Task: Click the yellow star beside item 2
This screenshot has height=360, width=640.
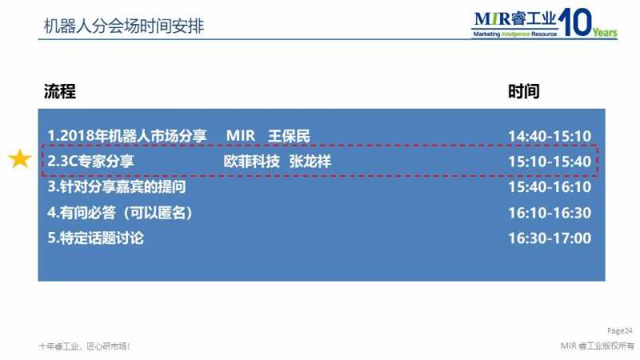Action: click(x=20, y=158)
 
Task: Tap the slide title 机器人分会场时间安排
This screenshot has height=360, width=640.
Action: click(x=124, y=26)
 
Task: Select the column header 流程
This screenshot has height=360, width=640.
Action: click(x=59, y=91)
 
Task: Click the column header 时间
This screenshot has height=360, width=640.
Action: click(x=524, y=91)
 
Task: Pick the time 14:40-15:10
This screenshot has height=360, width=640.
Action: click(x=550, y=136)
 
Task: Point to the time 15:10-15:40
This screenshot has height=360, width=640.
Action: click(x=550, y=162)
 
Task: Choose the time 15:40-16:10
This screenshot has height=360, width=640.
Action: click(x=550, y=187)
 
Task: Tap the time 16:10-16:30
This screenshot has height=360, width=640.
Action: click(x=550, y=213)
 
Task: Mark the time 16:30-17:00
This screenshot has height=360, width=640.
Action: click(x=550, y=238)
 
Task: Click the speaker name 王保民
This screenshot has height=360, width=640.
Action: click(x=289, y=136)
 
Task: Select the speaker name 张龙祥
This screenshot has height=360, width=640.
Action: click(x=310, y=162)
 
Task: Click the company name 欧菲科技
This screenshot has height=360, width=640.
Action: click(x=251, y=162)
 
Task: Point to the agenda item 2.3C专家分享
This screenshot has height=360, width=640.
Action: click(x=90, y=162)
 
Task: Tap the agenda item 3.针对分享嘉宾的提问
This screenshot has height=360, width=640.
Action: click(x=117, y=187)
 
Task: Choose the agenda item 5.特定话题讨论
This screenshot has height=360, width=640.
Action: click(x=95, y=238)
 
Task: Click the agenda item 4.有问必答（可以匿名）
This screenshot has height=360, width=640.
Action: click(x=120, y=213)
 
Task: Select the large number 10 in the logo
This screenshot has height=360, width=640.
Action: click(x=574, y=22)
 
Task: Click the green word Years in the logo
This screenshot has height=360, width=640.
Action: click(x=605, y=32)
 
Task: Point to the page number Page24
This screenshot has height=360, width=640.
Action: click(x=619, y=330)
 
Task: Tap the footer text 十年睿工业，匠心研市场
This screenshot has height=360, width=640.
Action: click(x=85, y=346)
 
